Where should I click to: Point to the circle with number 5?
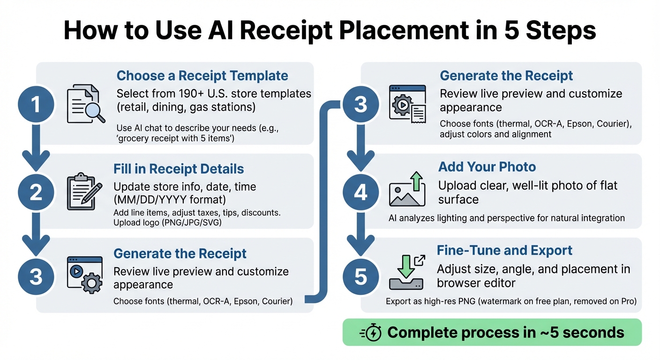(360, 277)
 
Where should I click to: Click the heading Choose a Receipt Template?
(202, 76)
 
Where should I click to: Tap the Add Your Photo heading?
(487, 167)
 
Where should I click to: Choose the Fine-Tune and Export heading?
(504, 250)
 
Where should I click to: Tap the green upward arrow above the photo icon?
(416, 180)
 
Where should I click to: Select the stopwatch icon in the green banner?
(372, 333)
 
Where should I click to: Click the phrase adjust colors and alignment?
(495, 134)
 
